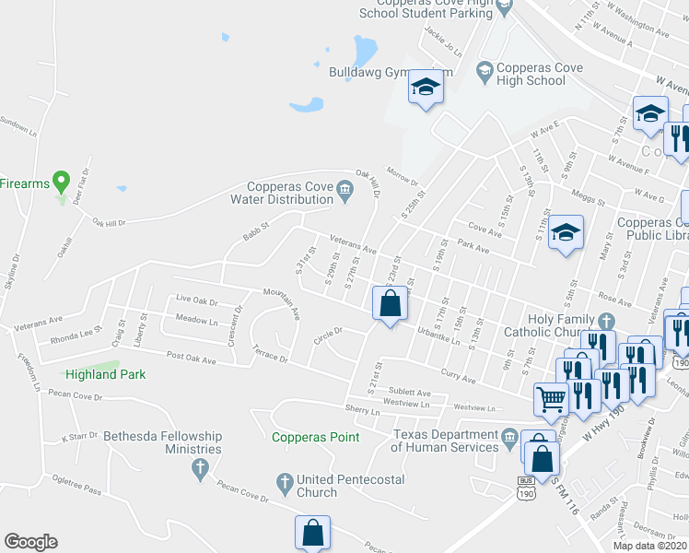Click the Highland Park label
click(105, 374)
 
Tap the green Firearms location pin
click(62, 181)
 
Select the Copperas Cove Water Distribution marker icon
click(344, 192)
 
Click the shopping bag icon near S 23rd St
click(390, 302)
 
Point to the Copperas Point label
click(315, 437)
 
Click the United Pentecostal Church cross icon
click(285, 480)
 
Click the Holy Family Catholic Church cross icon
click(605, 321)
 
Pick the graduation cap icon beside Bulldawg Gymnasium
click(426, 87)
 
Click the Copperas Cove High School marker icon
click(484, 69)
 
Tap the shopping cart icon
click(551, 398)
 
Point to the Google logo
click(30, 542)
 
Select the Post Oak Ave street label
click(191, 356)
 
